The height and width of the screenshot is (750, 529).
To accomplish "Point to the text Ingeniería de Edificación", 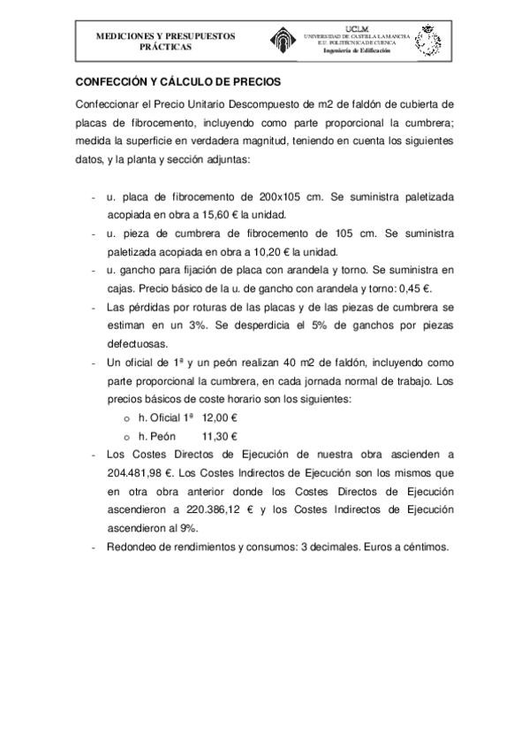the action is pos(356,51).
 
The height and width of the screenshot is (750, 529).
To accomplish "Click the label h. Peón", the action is pos(157,437).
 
